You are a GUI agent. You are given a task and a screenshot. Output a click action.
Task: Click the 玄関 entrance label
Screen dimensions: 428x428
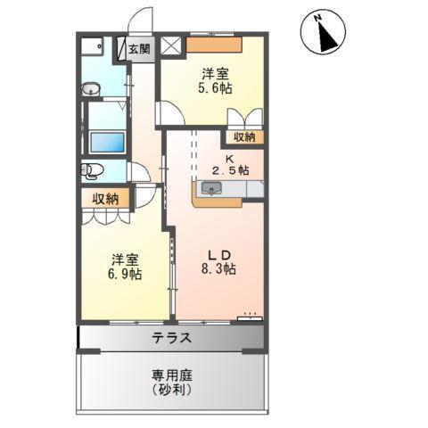coord(138,50)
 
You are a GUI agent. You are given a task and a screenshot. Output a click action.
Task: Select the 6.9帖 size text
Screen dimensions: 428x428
coord(125,275)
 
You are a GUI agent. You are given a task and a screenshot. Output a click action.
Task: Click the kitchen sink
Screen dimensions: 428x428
coord(212,188)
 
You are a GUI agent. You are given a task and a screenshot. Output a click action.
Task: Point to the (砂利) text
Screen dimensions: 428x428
coord(170,391)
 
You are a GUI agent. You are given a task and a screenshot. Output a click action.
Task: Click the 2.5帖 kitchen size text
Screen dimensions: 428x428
coord(230,169)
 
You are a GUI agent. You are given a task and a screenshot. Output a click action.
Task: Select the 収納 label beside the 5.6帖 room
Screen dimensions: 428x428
coord(243,137)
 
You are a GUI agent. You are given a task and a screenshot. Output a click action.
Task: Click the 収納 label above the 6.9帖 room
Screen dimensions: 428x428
coord(106,198)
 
